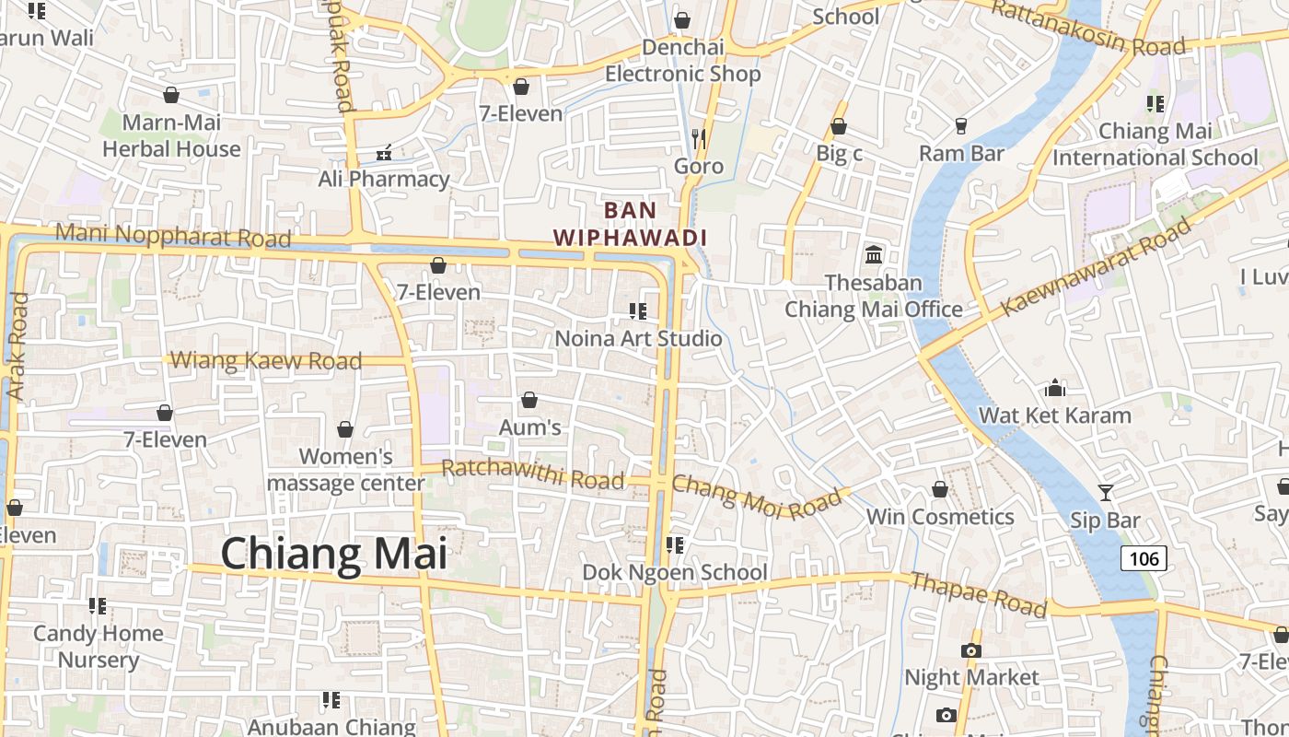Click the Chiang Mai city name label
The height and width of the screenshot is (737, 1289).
point(333,554)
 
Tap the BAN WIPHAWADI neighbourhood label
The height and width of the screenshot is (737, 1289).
point(631,224)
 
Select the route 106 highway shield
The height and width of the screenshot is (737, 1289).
point(1144,558)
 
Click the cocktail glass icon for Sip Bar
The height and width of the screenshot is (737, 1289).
point(1106,493)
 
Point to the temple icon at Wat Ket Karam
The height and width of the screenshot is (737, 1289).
point(1055,388)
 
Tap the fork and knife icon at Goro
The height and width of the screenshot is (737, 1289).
point(699,139)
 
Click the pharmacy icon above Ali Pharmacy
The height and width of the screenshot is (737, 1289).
point(385,152)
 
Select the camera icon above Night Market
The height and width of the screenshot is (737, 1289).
point(970,650)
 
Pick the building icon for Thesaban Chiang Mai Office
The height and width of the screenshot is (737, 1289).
point(874,254)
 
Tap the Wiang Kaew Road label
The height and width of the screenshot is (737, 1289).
point(267,360)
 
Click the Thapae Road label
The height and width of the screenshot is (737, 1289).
point(979,594)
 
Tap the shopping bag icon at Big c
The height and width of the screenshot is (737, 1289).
point(839,126)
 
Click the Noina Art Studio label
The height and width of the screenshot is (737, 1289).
point(638,338)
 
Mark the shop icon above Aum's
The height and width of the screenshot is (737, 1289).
point(529,400)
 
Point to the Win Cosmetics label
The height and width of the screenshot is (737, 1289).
point(940,516)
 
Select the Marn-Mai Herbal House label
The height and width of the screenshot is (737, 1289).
point(171,135)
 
